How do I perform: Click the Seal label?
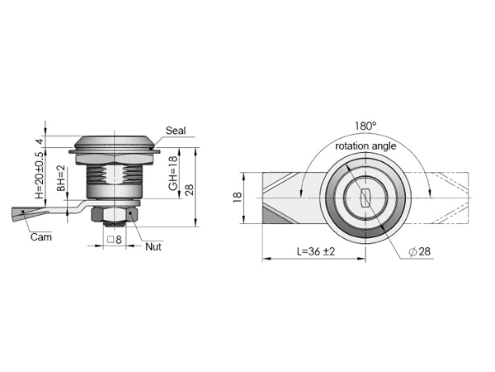(x=176, y=131)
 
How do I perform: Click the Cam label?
(x=41, y=237)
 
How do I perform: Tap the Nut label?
(x=153, y=246)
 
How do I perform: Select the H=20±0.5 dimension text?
(x=40, y=175)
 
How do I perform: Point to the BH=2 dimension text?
(x=60, y=178)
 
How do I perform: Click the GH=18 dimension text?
(x=173, y=174)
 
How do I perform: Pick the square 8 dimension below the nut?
(x=115, y=240)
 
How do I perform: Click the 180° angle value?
(x=365, y=126)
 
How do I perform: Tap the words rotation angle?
(x=365, y=145)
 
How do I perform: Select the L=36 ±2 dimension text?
(x=316, y=251)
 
